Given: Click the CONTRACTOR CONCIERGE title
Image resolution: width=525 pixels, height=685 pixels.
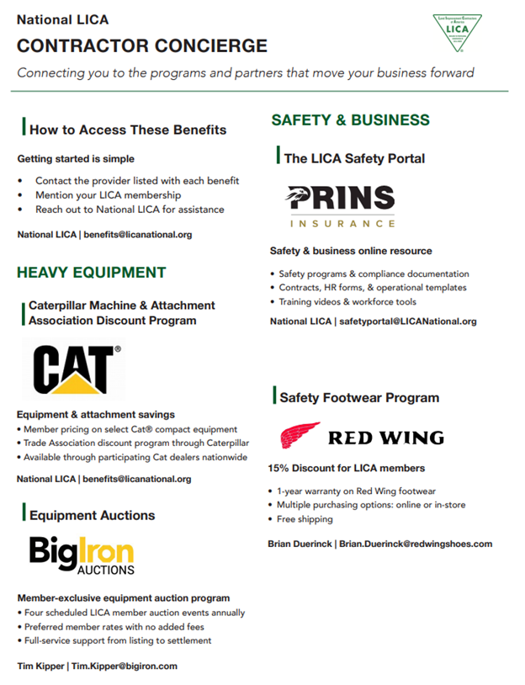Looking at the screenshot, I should (142, 46).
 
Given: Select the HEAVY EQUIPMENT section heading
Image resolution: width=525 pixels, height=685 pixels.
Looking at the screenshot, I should (92, 273).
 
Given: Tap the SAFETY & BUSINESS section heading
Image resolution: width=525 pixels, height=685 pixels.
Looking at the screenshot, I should (350, 120).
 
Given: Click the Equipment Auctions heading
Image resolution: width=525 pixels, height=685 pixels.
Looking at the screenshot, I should (92, 515).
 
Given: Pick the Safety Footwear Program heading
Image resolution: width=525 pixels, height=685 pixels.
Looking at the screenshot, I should (359, 397).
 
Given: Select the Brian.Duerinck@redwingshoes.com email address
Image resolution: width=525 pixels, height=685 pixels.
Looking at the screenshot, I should (415, 544).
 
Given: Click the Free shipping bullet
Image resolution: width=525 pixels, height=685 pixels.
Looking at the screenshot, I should (304, 519).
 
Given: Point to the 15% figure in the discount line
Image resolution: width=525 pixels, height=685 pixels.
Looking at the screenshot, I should (279, 468).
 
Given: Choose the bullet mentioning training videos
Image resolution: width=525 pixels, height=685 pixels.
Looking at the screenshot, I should (347, 301).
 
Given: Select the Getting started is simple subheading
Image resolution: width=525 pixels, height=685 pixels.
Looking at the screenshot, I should (76, 158).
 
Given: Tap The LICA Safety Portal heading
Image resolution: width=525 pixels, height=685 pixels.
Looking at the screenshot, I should (354, 158).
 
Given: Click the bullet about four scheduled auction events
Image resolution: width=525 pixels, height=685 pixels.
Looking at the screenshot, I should (135, 613).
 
